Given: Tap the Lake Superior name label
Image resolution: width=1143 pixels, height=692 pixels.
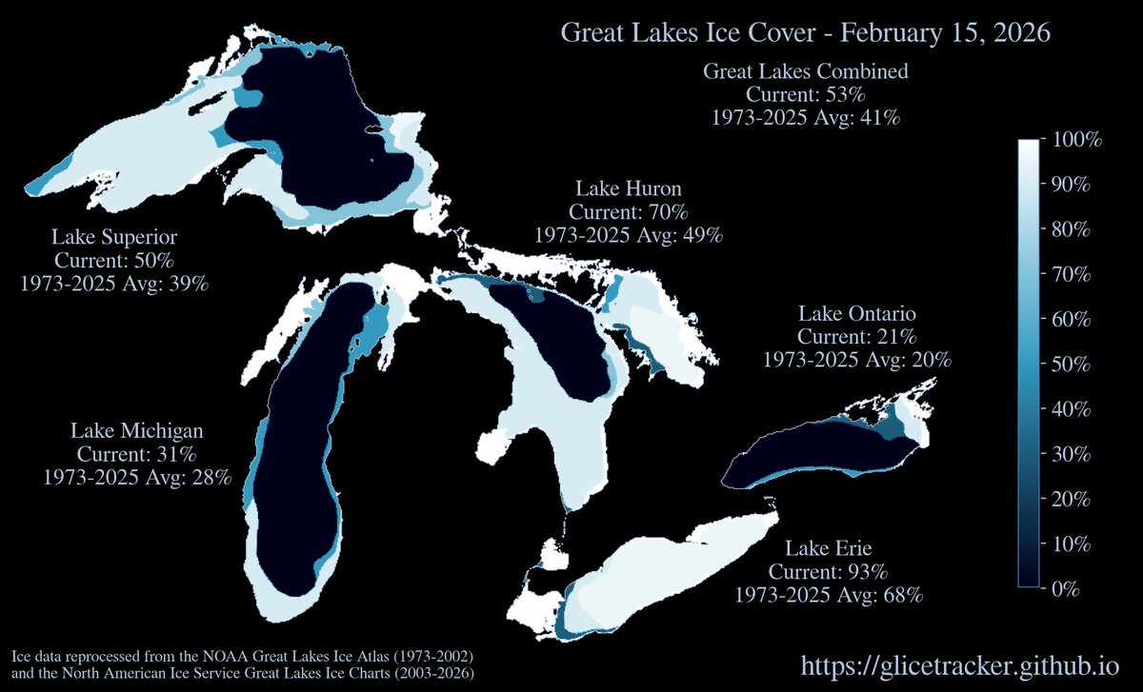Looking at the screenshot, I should pos(114,236).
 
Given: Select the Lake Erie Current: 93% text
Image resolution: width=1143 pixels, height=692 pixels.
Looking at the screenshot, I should pos(828,572).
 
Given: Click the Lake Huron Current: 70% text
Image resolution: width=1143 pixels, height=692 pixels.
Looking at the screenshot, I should pos(628,211).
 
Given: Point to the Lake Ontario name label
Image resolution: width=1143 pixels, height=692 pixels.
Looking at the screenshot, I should pos(856,313).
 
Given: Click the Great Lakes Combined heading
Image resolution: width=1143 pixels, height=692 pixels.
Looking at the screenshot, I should pos(805,71).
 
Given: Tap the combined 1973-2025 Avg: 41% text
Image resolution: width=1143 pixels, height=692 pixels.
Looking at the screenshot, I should pos(805,118).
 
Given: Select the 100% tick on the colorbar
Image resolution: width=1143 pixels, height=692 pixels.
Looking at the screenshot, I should pos(1074,140).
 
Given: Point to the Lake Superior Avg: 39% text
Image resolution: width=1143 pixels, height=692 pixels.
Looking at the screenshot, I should pos(114,284).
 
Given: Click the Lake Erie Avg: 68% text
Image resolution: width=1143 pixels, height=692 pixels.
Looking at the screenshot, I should pos(828,596).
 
